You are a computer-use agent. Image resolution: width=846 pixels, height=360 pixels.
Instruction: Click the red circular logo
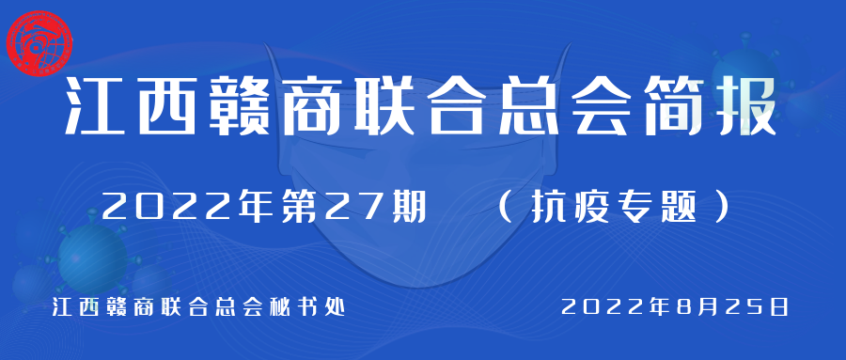tap(39, 44)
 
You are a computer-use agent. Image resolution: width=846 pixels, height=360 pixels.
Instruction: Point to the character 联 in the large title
tap(384, 107)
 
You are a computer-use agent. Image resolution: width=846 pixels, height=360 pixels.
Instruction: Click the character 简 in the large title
tap(673, 107)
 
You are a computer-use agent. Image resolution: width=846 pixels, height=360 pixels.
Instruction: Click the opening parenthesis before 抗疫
tap(505, 209)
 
